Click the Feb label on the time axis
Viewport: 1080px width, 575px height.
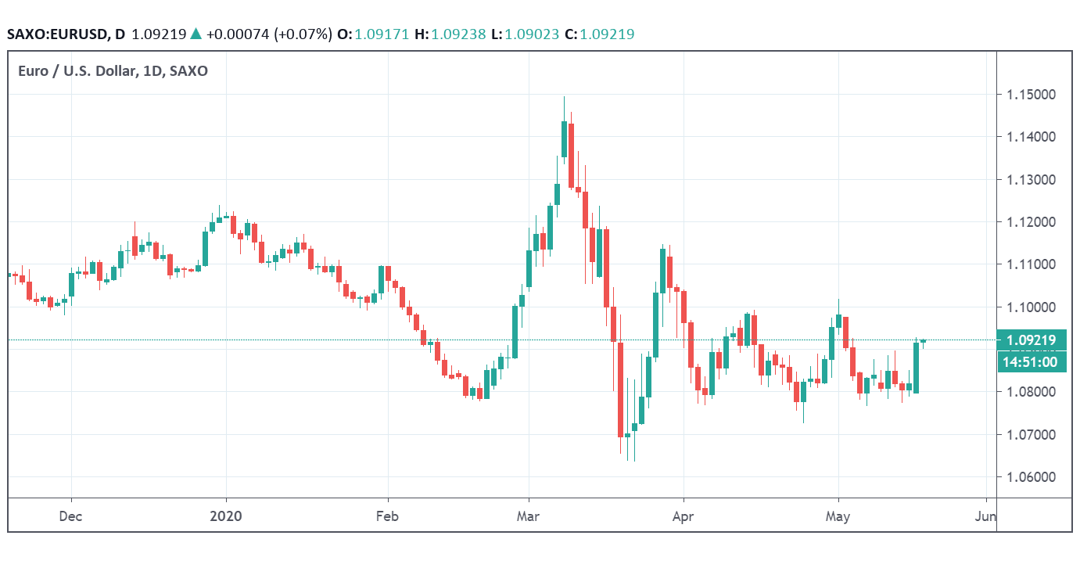[x=387, y=516]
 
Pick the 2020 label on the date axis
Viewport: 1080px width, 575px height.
[x=226, y=516]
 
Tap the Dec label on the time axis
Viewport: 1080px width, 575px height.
[x=71, y=516]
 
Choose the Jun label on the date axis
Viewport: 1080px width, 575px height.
[x=986, y=516]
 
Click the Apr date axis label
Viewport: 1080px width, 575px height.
[x=684, y=516]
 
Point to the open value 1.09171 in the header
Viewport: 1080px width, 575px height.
[x=382, y=34]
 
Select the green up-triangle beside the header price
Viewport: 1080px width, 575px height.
[x=196, y=34]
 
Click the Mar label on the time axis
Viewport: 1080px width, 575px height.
[x=529, y=516]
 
